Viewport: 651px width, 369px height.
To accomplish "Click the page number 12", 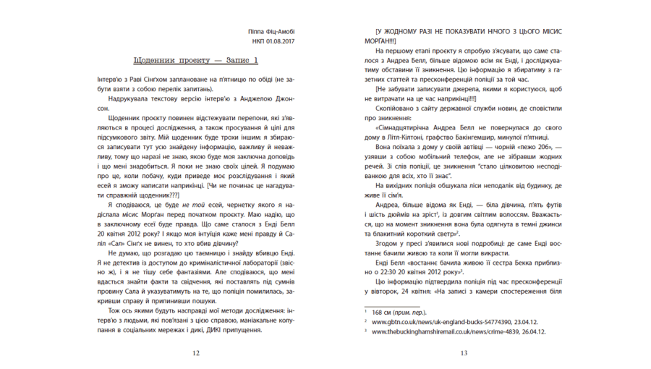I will click(195, 353).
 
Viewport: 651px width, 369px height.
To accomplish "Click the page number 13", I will click(464, 353).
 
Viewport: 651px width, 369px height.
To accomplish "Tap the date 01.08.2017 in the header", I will click(279, 41).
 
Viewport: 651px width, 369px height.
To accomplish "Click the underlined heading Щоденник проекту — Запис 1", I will click(195, 59).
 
